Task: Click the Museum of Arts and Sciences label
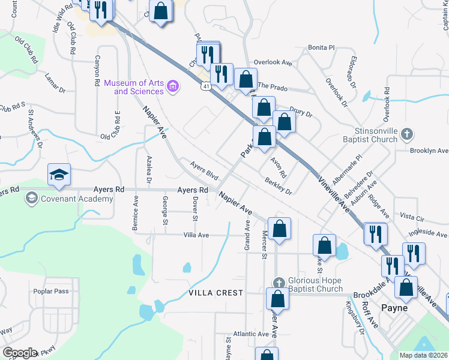134,87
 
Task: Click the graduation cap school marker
59,175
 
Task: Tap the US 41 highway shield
206,87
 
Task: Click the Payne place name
394,308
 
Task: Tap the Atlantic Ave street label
252,334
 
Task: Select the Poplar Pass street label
52,292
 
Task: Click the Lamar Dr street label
55,83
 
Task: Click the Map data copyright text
423,355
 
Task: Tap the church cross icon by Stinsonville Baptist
407,133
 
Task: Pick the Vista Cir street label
412,216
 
